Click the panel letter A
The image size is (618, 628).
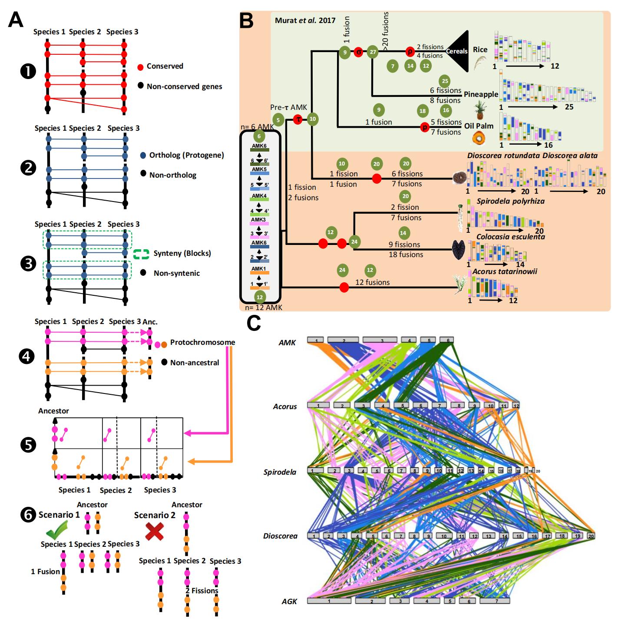pyautogui.click(x=16, y=19)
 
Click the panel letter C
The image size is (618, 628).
pyautogui.click(x=254, y=323)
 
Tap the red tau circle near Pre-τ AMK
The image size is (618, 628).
pyautogui.click(x=297, y=119)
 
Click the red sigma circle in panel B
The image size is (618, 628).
pyautogui.click(x=358, y=52)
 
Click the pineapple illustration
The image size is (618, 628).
pyautogui.click(x=479, y=110)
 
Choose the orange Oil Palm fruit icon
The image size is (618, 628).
pyautogui.click(x=479, y=139)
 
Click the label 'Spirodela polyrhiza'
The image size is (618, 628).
pyautogui.click(x=510, y=201)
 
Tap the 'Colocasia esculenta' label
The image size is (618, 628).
pyautogui.click(x=510, y=237)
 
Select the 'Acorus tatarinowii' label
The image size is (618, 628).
pyautogui.click(x=505, y=271)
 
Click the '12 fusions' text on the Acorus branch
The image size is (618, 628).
pyautogui.click(x=372, y=282)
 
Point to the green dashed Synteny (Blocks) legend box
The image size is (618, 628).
pyautogui.click(x=141, y=254)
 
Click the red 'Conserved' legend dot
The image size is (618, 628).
pyautogui.click(x=140, y=67)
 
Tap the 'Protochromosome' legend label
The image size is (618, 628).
pyautogui.click(x=202, y=342)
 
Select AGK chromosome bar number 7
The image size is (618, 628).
pyautogui.click(x=495, y=601)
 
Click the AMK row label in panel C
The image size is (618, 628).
pyautogui.click(x=287, y=343)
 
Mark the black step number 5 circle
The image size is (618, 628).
pyautogui.click(x=28, y=445)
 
